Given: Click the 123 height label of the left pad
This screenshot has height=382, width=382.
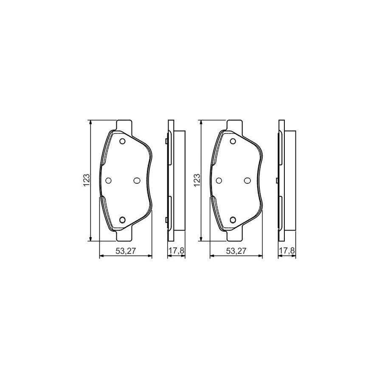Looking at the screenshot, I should coord(86,180).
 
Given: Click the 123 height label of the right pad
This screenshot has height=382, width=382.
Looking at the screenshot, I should coord(197,180).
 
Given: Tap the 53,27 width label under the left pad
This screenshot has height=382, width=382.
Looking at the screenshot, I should coord(126,251).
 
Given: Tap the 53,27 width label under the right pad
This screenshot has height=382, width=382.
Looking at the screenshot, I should coord(236,251).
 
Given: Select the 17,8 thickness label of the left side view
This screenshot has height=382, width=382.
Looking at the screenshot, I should coord(176,251).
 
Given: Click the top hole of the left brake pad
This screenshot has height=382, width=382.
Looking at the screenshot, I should coord(122,142).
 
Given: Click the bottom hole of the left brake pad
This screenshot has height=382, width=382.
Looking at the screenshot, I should coord(122,219).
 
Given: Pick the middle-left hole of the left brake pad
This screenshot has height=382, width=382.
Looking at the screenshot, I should coord(108,180).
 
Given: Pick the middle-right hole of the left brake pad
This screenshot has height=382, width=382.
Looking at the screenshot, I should coord(136,180).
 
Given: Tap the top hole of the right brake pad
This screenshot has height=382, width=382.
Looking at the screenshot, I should coord(233,142).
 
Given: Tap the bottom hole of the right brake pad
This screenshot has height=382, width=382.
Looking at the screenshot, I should coord(233,219).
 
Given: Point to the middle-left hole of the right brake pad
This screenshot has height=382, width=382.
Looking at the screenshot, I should coord(219,180).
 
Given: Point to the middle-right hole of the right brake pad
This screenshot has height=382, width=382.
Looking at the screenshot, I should coord(247,180).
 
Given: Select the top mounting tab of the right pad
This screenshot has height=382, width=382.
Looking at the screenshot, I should coord(234,124).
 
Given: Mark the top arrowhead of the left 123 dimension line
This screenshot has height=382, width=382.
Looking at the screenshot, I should coord(90,123).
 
